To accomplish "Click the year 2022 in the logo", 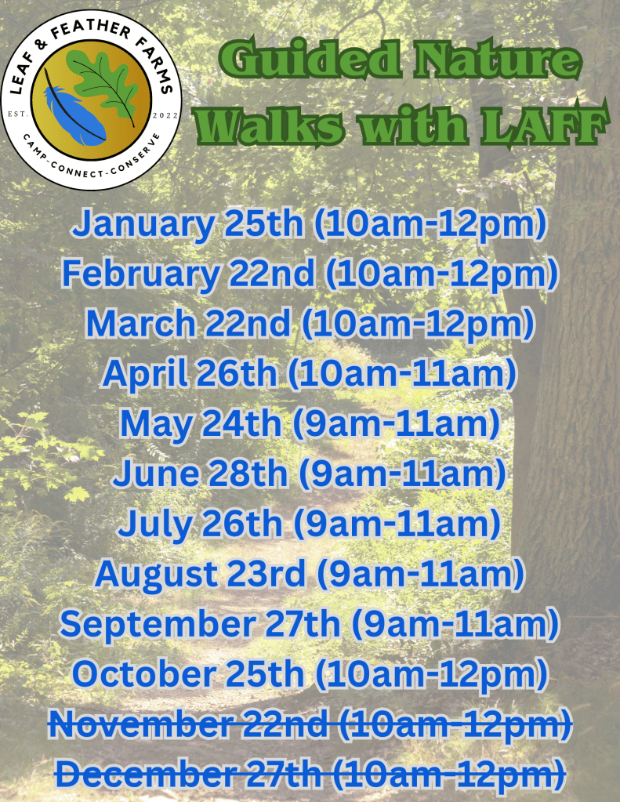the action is (x=165, y=115).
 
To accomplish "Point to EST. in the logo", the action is (x=16, y=114).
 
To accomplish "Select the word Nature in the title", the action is (x=498, y=60).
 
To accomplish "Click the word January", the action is (x=143, y=225).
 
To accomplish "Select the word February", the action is (x=140, y=274).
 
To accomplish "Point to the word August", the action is (x=155, y=575).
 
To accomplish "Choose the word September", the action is (x=158, y=625).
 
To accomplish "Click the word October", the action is (x=144, y=673).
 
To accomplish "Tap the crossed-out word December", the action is (x=145, y=774).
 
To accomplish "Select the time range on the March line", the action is (x=418, y=325).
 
